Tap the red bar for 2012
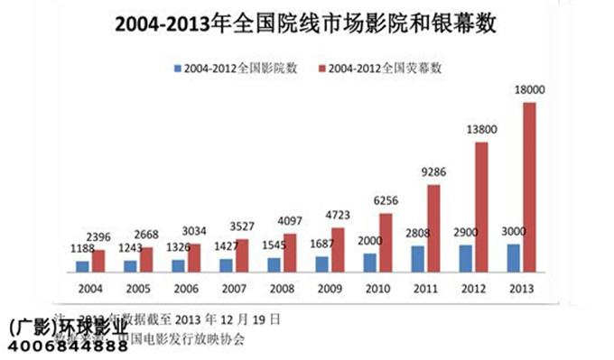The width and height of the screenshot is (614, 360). pos(482,207)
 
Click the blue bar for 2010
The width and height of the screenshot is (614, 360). pos(370,262)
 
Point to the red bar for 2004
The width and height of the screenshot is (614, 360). pos(98,260)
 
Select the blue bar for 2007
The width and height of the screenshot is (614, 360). pos(226,264)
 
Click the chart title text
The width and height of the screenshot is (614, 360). pos(307,26)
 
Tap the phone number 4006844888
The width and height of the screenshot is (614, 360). pos(66,346)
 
